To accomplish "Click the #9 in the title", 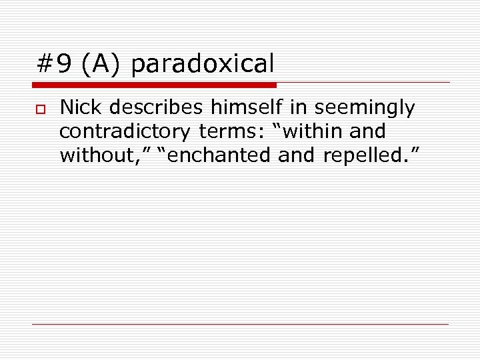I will coord(54,64).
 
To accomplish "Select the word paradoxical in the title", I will coord(202,64).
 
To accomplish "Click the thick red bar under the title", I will coord(154,85).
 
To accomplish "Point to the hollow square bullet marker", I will coord(40,108).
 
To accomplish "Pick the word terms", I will coord(225,131).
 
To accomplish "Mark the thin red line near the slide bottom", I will coord(240,324).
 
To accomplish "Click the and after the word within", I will coord(367,131).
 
